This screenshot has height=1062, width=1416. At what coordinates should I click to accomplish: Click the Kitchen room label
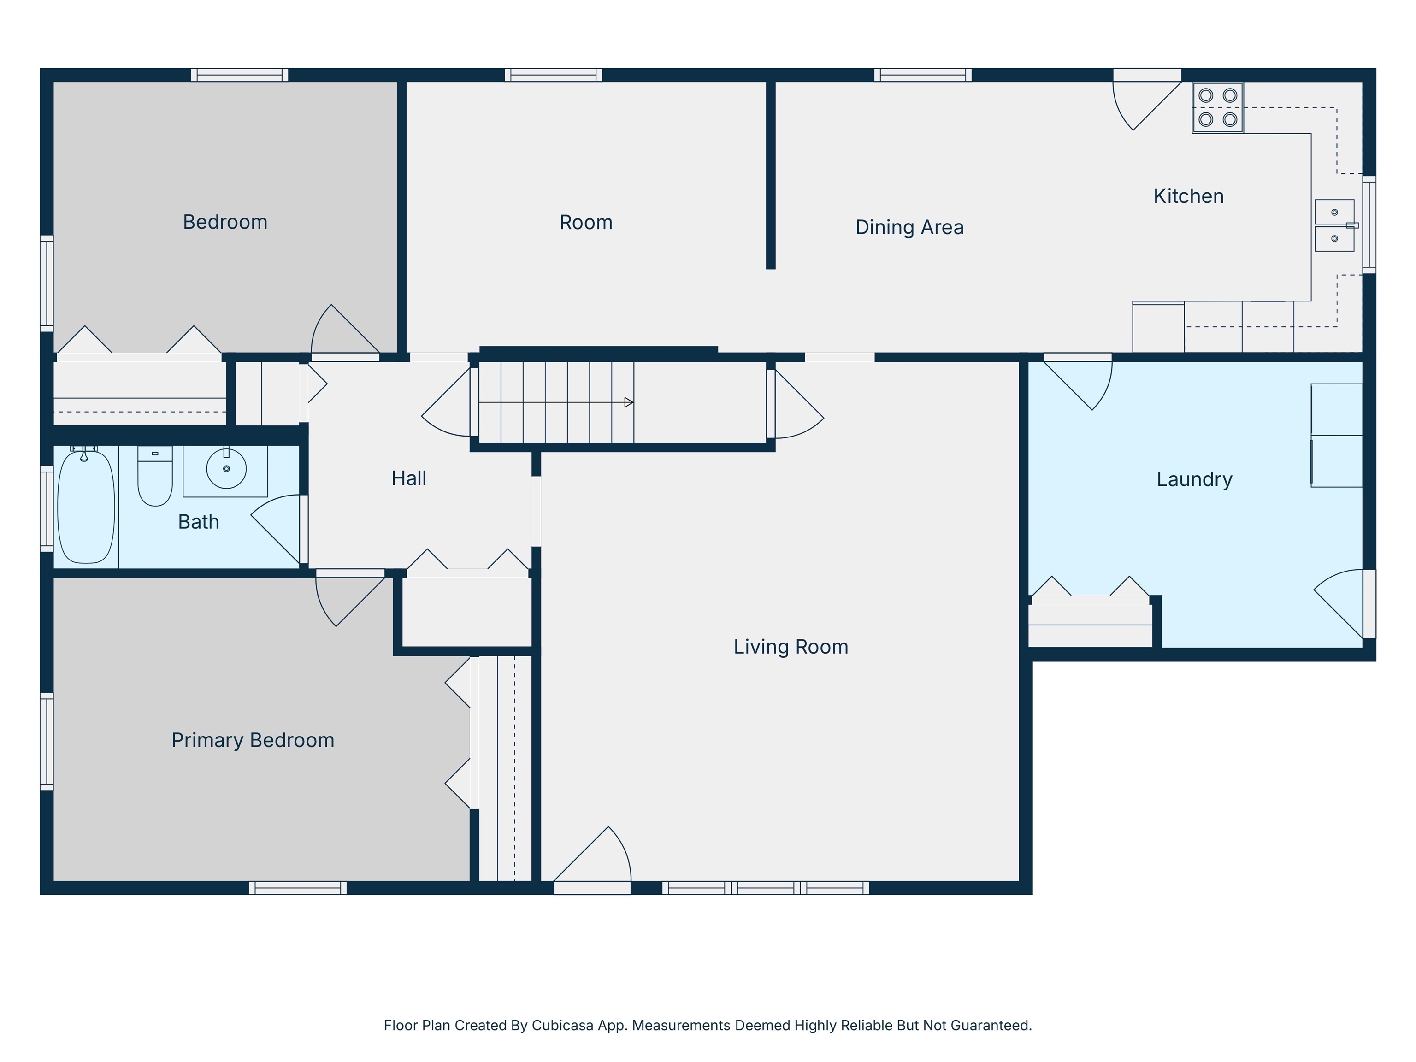tap(1188, 196)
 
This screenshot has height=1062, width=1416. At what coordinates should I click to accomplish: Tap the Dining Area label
tap(909, 227)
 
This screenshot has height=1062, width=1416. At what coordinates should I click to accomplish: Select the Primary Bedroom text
tap(253, 741)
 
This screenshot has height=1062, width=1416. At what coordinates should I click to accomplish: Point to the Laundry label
tap(1194, 479)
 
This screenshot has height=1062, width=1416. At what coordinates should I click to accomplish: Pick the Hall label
tap(408, 478)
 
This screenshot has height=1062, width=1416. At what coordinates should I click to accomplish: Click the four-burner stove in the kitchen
tap(1217, 107)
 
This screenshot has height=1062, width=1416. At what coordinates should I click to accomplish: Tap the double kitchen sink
tap(1335, 225)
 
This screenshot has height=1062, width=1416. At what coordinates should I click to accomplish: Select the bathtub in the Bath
tap(86, 507)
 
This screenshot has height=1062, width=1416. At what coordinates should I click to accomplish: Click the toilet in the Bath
tap(155, 476)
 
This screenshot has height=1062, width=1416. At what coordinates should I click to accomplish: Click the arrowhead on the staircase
tap(629, 403)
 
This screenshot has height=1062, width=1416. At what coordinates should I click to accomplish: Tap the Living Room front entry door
tap(592, 855)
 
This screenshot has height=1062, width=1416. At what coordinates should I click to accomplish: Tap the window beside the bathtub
tap(47, 509)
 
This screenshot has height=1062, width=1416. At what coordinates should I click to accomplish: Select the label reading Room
tap(586, 222)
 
